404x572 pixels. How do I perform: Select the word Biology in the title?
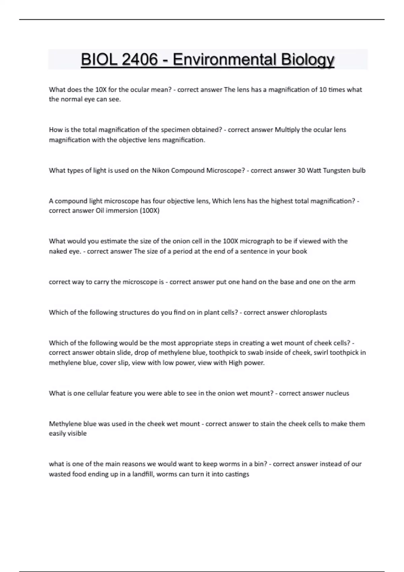pos(308,60)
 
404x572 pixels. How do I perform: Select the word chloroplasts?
pos(309,313)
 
